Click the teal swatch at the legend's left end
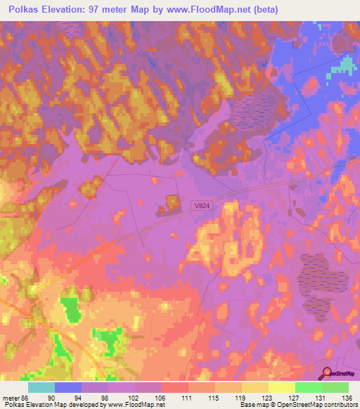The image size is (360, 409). (41, 387)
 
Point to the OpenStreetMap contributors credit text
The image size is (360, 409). (320, 405)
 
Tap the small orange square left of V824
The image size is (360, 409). (172, 204)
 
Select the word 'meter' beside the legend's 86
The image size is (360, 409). (12, 398)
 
